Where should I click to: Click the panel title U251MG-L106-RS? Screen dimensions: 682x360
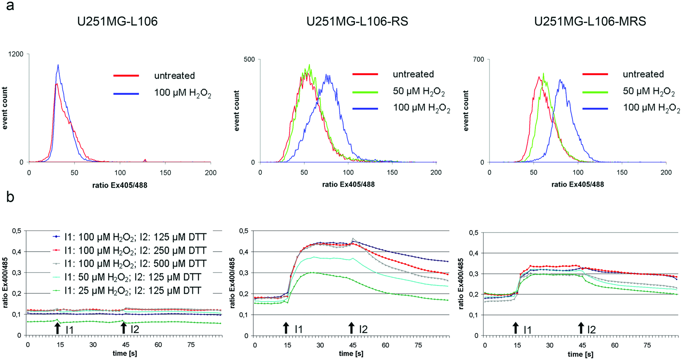(357, 21)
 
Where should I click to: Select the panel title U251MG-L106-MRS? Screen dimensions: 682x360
(590, 21)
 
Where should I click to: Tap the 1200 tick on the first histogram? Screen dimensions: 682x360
(16, 54)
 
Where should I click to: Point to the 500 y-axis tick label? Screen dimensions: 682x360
(249, 59)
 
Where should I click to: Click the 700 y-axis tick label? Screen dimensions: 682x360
(479, 59)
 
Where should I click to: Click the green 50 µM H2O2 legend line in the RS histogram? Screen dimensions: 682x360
(365, 92)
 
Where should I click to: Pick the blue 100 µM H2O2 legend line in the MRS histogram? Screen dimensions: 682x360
(595, 109)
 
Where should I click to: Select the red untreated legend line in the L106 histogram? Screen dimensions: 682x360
(126, 76)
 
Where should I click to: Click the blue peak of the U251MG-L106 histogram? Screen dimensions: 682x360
(58, 65)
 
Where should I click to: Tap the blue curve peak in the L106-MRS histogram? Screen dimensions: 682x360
(560, 80)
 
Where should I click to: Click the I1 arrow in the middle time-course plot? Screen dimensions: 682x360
(286, 328)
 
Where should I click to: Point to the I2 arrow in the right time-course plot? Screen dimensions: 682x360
(581, 328)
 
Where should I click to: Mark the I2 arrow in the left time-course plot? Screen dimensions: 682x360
(124, 328)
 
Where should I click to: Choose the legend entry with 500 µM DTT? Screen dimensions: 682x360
(130, 264)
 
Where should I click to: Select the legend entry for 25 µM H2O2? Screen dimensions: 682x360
(127, 291)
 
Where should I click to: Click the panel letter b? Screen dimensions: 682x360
(10, 197)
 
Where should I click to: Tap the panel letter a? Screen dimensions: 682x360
(10, 6)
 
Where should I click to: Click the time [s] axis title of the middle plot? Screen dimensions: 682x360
(351, 354)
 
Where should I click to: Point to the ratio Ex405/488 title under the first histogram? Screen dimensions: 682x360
(120, 185)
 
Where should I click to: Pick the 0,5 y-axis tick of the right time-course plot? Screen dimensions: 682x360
(474, 233)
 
